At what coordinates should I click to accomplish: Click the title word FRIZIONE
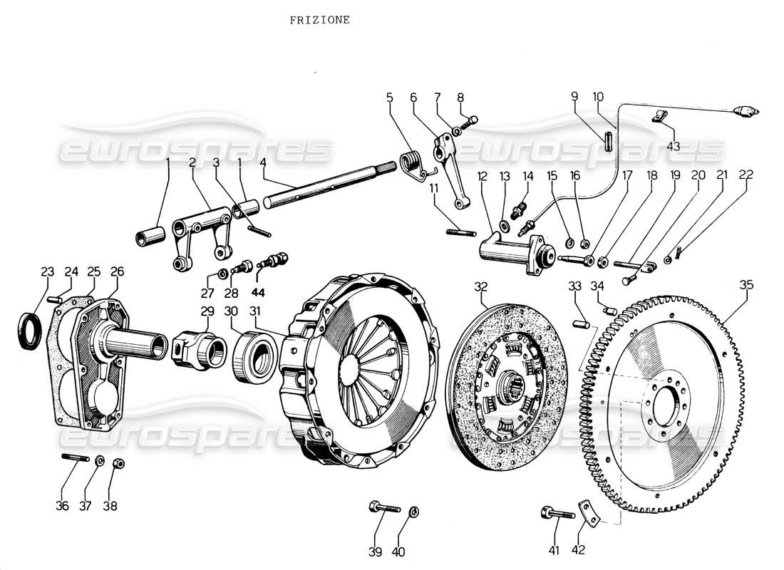pos(319,20)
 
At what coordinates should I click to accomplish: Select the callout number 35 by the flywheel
pos(746,285)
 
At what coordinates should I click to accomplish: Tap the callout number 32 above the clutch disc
pos(482,287)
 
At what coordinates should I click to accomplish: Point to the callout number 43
pos(673,146)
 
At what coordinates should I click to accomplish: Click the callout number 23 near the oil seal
pos(47,271)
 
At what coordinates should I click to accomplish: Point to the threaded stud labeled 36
pos(74,458)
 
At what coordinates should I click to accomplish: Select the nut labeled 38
pos(119,464)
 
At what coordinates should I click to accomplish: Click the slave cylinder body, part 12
pos(510,250)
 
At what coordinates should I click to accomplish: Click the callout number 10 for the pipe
pos(598,96)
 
